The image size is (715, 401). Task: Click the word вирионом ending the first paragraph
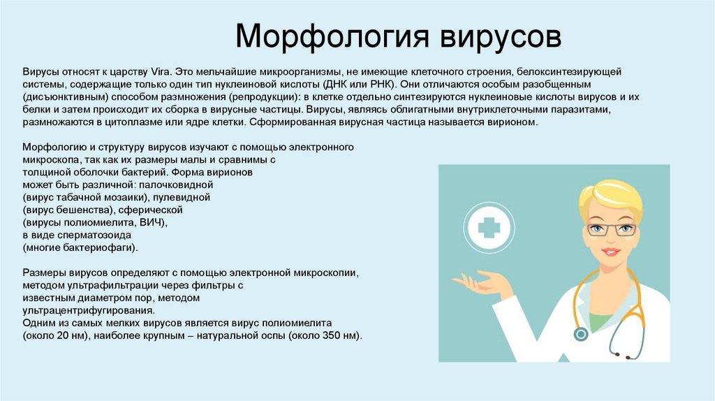point(514,122)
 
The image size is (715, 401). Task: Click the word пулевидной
point(185,197)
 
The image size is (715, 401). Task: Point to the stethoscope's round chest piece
point(580,335)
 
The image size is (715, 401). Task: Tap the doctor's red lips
point(610,251)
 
